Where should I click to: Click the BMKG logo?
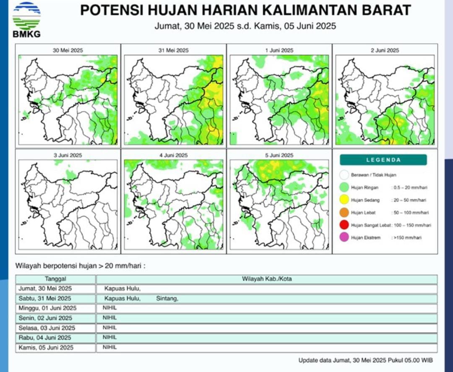click(x=26, y=19)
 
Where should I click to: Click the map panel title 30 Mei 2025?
click(x=68, y=50)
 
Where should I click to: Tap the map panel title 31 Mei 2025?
click(x=174, y=50)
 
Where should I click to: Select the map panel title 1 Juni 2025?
click(x=279, y=50)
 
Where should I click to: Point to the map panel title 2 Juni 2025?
click(x=385, y=50)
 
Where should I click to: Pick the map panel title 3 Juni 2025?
click(x=68, y=155)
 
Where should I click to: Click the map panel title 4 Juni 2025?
click(x=174, y=155)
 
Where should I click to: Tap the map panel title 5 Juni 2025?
click(x=279, y=155)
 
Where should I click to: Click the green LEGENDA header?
click(x=383, y=160)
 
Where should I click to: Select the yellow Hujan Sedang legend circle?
click(x=345, y=200)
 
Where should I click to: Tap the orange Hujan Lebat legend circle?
click(x=345, y=213)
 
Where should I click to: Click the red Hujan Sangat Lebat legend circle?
click(x=345, y=225)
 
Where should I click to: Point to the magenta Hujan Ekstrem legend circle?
click(x=345, y=238)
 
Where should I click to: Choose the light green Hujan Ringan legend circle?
click(x=345, y=188)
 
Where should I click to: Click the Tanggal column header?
click(x=56, y=279)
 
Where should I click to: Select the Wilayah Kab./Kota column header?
click(x=267, y=279)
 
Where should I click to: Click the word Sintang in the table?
click(x=167, y=299)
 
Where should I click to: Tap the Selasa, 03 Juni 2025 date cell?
click(x=47, y=328)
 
